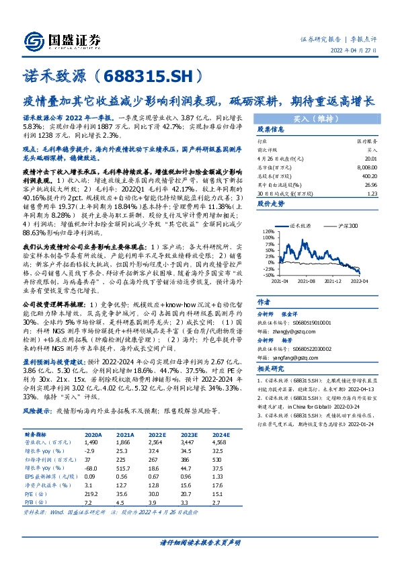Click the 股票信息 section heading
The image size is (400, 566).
tap(271, 130)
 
